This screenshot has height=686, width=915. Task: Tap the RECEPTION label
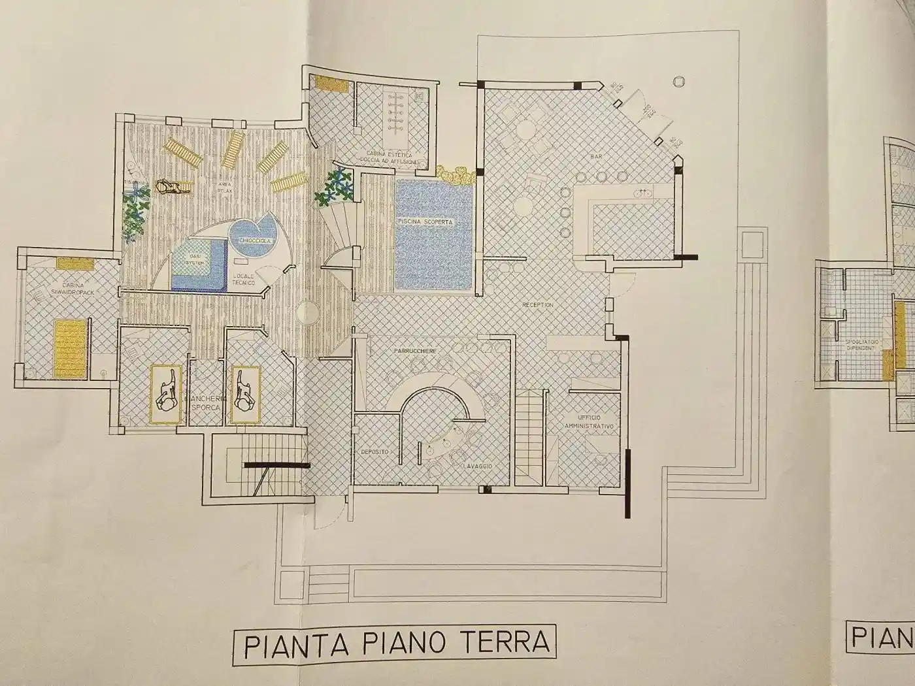coord(537,305)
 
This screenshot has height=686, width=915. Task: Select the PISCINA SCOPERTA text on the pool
coord(425,223)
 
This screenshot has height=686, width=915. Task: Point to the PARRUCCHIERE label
coord(415,351)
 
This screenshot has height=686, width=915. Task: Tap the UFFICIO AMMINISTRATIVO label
coord(590,421)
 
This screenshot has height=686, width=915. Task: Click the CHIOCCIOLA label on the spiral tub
coord(250,240)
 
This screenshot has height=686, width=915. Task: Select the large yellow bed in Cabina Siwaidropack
coord(69,348)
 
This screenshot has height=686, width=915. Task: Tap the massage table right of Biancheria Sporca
coord(244,395)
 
